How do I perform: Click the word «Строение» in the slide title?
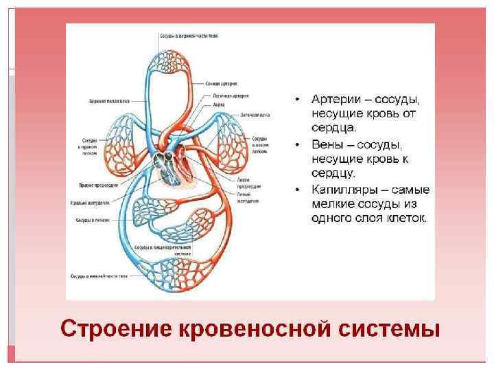[116, 328]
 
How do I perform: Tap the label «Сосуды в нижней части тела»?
[99, 276]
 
